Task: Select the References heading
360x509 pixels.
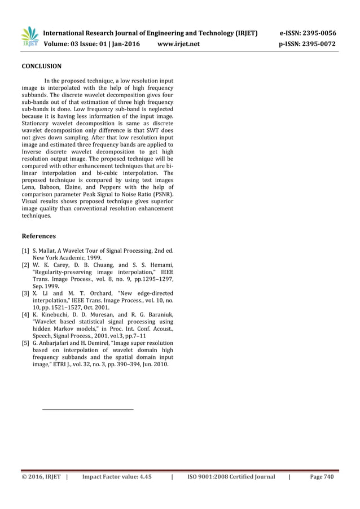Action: (x=38, y=236)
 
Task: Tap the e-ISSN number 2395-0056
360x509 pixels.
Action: (x=319, y=33)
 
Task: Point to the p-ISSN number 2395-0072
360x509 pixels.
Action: (x=319, y=43)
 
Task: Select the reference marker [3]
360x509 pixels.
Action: (x=25, y=294)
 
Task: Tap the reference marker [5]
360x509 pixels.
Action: (x=25, y=343)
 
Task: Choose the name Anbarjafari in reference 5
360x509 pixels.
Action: (x=59, y=343)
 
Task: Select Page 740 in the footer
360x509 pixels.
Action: (x=322, y=477)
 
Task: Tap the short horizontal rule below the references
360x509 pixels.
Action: (x=88, y=409)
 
